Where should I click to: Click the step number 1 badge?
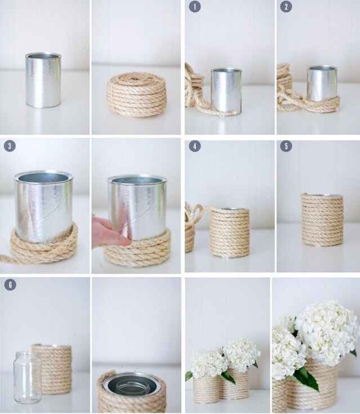click(194, 7)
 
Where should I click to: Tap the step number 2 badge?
click(286, 7)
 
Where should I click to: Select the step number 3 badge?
click(10, 146)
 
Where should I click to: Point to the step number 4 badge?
click(194, 146)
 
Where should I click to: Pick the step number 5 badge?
click(286, 146)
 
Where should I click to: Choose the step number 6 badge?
click(10, 285)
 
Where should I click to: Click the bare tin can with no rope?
click(43, 80)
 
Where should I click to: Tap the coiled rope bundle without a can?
click(136, 94)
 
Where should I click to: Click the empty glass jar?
click(27, 377)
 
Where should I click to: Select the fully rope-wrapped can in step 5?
click(322, 219)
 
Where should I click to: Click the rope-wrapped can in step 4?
click(229, 232)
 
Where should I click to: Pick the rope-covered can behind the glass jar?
click(54, 368)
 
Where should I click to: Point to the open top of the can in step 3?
click(43, 178)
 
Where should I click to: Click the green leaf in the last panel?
click(306, 378)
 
